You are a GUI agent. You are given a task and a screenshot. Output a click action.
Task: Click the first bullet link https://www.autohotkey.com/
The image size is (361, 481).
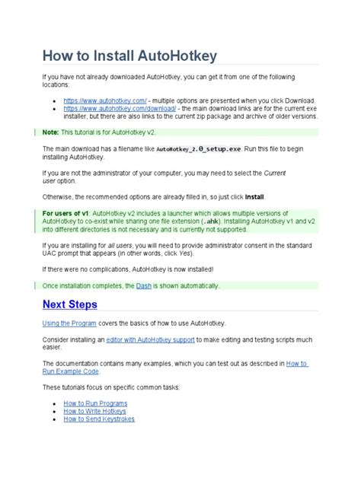click(x=104, y=100)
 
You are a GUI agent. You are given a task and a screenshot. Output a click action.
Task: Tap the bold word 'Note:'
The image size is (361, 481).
click(x=51, y=132)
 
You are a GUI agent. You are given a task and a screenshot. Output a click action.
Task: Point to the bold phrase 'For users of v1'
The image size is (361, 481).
click(x=65, y=213)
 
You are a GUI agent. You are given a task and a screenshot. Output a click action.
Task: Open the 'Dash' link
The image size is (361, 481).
click(x=144, y=286)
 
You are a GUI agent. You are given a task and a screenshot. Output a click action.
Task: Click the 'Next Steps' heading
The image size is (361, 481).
click(x=70, y=305)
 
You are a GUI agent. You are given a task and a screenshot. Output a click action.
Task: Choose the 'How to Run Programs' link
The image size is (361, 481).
click(x=95, y=403)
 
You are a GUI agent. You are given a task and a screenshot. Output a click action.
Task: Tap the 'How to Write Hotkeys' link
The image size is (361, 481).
click(x=95, y=411)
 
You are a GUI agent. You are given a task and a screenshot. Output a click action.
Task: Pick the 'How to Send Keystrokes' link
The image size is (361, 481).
click(x=99, y=419)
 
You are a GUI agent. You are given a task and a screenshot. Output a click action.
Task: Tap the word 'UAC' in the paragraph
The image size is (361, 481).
click(x=50, y=253)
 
